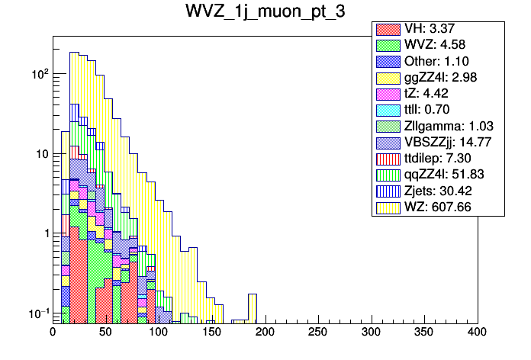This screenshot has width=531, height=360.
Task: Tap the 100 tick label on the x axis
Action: click(159, 333)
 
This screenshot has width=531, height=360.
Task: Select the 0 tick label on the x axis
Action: click(53, 333)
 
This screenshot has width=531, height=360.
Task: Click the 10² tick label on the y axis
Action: click(39, 75)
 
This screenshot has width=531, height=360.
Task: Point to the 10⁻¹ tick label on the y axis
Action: click(38, 313)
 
